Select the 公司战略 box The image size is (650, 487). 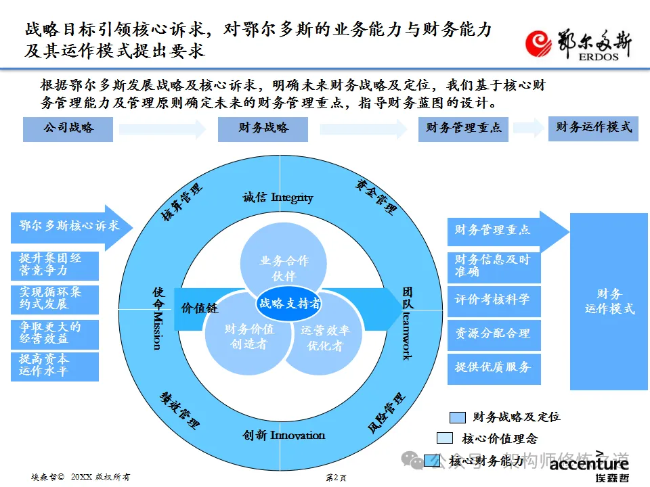[68, 129]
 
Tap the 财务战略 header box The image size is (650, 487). [263, 129]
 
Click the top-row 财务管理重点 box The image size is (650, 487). [463, 129]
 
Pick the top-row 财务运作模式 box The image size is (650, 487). [593, 127]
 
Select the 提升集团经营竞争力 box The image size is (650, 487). [55, 265]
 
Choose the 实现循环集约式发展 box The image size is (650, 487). [55, 299]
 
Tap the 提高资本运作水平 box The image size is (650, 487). [55, 365]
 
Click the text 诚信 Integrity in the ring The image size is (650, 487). [278, 198]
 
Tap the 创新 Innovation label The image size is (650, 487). [284, 435]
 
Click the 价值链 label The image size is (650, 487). [199, 308]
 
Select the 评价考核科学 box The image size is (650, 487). [494, 300]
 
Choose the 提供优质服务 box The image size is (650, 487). [494, 367]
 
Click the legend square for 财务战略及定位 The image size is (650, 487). [458, 417]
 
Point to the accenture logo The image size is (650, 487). [588, 466]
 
